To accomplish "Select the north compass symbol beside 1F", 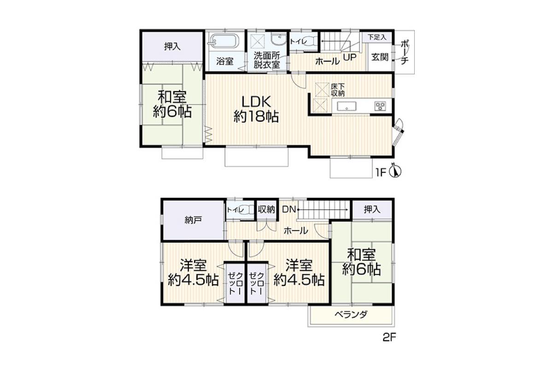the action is point(395,170).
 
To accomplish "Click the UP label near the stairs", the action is point(350,57).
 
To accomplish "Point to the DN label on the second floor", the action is point(289,209).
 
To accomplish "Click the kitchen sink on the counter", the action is point(347,106).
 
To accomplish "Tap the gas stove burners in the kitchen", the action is point(380,106).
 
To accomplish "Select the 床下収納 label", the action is point(338,90).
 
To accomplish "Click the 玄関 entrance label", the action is point(380,57).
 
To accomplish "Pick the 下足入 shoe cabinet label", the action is point(377,37).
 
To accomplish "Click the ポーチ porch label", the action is point(404,52).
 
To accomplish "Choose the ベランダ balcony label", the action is point(351,315).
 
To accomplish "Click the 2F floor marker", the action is point(389,338).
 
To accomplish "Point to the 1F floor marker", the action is point(381,173).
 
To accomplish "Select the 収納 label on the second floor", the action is point(266,209).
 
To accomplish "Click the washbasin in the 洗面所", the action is point(278,40).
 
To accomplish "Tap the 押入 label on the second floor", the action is point(372,209).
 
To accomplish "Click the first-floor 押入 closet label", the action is point(172,47).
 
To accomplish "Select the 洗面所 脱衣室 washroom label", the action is point(267,60).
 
